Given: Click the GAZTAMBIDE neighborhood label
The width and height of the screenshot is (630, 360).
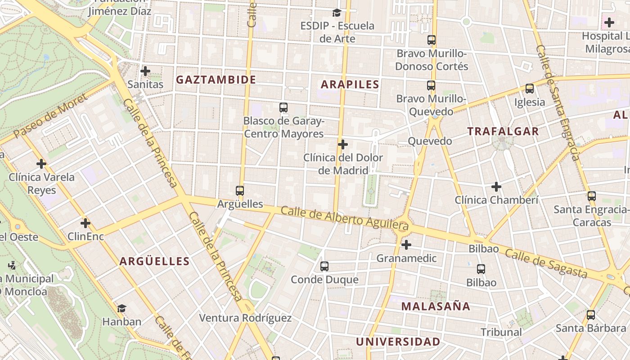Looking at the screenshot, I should tap(216, 80).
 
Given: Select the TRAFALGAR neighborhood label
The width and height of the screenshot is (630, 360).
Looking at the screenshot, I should tap(503, 131).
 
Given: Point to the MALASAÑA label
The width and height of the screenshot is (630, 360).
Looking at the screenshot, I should tap(436, 306).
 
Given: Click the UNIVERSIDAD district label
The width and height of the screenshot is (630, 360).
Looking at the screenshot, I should tap(398, 342).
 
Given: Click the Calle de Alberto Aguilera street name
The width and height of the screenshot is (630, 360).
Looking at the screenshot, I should tap(345, 218).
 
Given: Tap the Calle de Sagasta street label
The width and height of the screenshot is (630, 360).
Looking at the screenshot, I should tap(546, 263).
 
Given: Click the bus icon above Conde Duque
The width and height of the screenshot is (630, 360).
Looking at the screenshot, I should tap(324, 266).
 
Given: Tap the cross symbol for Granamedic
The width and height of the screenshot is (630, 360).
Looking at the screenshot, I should tap(406, 245).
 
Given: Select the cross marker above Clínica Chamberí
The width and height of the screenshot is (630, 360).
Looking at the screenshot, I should tap(496, 186).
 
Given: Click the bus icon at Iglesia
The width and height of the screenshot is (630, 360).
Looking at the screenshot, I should tap(530, 89).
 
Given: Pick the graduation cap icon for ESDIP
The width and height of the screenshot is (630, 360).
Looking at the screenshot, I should tap(337, 13).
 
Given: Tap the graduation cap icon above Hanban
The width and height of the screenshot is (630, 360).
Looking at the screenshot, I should tap(121, 308).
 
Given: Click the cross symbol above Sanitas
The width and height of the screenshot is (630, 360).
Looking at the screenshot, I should tap(145, 71).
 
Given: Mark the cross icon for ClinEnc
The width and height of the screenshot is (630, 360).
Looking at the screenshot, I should tap(85, 223).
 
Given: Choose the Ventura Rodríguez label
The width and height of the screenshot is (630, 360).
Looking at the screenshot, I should tap(245, 318).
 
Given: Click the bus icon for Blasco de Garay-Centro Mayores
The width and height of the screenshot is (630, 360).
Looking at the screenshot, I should tap(283, 108).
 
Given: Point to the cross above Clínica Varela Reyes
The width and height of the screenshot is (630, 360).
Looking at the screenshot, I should tap(41, 164).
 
